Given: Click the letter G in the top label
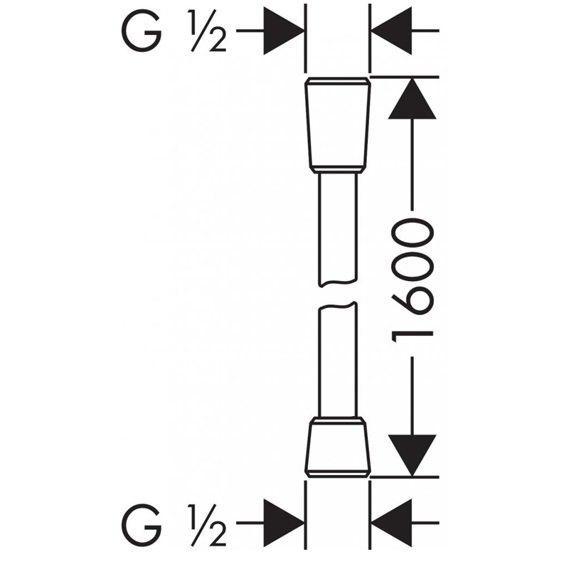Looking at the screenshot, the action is [x=142, y=31].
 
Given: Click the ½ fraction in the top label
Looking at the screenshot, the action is [x=208, y=31].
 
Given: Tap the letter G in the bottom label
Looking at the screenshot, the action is [x=142, y=525].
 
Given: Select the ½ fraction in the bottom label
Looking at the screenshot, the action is [x=208, y=525].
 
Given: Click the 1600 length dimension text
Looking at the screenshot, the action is [x=413, y=280].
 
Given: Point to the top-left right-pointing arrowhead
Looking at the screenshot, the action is [x=284, y=31].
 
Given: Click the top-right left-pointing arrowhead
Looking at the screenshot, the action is [x=391, y=31].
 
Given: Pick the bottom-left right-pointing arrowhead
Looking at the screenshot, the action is [x=284, y=523].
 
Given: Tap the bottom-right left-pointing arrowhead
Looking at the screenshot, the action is [x=391, y=523].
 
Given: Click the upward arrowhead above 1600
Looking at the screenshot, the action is [x=413, y=99].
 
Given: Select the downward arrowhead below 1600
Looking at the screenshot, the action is [x=413, y=455].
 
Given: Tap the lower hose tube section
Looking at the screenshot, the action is [x=338, y=359].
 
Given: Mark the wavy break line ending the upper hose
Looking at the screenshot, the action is [x=338, y=282].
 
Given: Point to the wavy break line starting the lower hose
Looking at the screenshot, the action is [x=338, y=306].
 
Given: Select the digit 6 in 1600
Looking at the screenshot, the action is [x=413, y=299].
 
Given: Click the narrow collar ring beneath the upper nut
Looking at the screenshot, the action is [x=338, y=170].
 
